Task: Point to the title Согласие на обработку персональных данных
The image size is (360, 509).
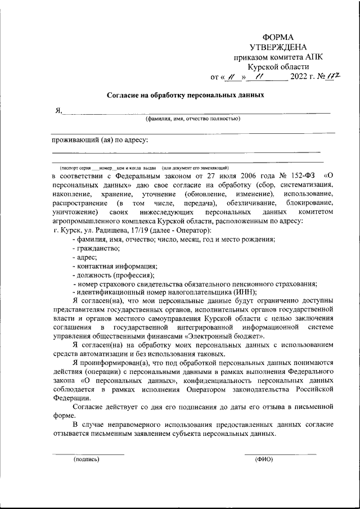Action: [186, 95]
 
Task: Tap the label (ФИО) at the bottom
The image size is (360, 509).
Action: [264, 459]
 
